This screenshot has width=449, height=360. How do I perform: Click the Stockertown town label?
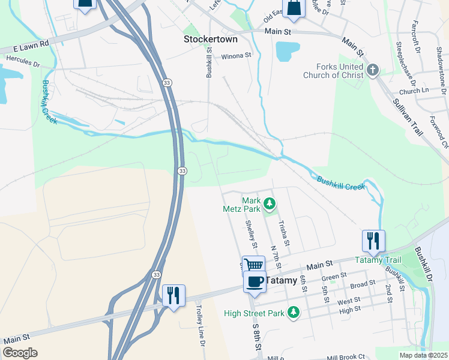pos(210,39)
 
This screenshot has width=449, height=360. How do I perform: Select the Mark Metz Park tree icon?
pos(270,205)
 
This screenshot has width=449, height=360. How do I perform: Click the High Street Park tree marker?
pos(293,312)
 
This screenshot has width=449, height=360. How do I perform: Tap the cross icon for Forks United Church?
pos(372,71)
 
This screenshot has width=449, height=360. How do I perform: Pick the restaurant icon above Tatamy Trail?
pos(373,241)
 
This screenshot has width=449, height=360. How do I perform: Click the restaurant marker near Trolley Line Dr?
pos(174,295)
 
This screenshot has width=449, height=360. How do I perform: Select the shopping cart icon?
pos(254,265)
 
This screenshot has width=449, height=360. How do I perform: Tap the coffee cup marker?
pos(255,281)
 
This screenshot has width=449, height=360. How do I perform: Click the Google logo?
pos(20,353)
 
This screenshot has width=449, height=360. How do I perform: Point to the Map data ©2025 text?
pos(424,355)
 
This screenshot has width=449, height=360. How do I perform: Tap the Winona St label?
pos(236,56)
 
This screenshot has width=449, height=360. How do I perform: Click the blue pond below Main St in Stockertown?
pos(286,51)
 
